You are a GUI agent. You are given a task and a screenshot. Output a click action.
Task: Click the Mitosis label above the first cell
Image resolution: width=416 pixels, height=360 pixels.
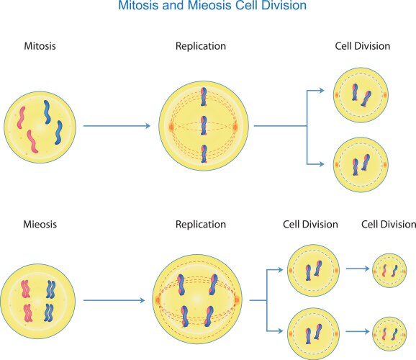click(x=40, y=46)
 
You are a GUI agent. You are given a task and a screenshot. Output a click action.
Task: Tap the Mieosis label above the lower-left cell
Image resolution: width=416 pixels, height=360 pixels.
click(x=40, y=225)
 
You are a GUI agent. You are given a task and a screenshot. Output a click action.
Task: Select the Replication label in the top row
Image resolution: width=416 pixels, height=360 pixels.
click(x=201, y=46)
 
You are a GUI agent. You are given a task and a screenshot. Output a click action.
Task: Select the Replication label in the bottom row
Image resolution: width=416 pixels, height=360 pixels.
click(x=201, y=225)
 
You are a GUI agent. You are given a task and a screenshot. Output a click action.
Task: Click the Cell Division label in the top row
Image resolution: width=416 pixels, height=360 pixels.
click(x=363, y=46)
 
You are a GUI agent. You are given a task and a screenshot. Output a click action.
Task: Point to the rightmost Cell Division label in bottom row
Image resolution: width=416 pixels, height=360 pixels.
click(x=388, y=225)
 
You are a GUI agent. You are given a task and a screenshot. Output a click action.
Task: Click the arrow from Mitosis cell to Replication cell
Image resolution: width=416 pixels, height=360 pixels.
click(x=117, y=127)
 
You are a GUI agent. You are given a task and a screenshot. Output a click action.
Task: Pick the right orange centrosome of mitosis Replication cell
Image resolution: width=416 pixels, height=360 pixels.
click(x=235, y=127)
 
